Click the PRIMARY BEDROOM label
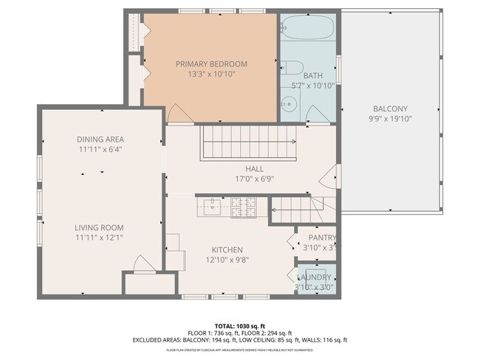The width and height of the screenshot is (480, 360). [211, 64]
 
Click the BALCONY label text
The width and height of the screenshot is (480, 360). [389, 108]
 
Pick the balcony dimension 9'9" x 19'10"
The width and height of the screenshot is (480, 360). [389, 119]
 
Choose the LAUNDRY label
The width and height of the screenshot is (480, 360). [315, 277]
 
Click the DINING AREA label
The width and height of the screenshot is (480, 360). [100, 139]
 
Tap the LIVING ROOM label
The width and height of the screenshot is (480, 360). [99, 228]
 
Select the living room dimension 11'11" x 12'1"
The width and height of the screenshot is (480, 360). [99, 238]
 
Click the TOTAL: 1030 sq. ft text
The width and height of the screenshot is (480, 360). [239, 325]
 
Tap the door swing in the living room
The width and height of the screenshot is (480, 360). [143, 263]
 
